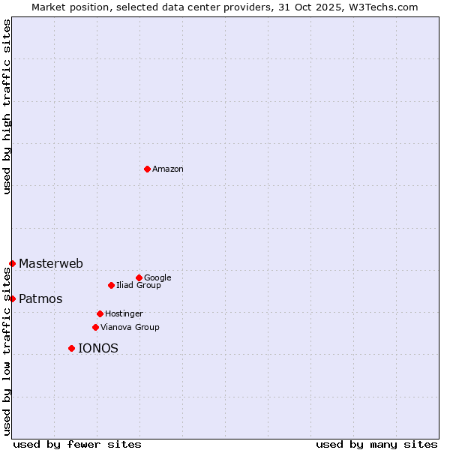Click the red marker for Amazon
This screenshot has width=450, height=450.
click(x=147, y=169)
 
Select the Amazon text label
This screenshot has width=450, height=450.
click(x=168, y=169)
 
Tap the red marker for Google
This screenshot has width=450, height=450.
click(x=139, y=277)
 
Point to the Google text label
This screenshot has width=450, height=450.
click(x=157, y=278)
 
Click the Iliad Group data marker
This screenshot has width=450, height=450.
click(x=111, y=285)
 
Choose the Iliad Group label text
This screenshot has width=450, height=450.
click(x=139, y=286)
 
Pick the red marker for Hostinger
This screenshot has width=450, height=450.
click(x=100, y=313)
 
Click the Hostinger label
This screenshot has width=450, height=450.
click(x=124, y=313)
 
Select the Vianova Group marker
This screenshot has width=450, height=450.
click(x=95, y=327)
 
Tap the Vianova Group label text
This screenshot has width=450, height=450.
click(x=130, y=328)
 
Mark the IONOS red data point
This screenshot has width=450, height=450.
click(x=71, y=348)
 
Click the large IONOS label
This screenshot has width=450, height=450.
click(x=98, y=349)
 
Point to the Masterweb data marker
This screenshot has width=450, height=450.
click(x=12, y=263)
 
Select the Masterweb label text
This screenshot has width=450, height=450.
click(x=51, y=264)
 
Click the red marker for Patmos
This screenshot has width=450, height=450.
click(x=12, y=298)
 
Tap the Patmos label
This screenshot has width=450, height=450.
click(x=40, y=299)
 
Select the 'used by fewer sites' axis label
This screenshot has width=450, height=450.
click(x=77, y=444)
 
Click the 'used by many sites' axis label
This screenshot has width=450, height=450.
click(x=376, y=444)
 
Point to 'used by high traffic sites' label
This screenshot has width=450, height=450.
click(x=7, y=106)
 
